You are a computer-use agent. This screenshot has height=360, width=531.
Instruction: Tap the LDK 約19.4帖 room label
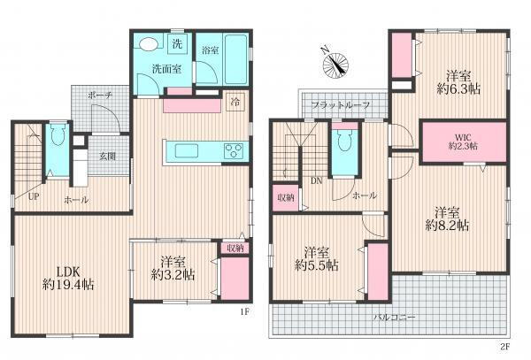point(68,278)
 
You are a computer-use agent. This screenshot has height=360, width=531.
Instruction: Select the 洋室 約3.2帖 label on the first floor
point(173,269)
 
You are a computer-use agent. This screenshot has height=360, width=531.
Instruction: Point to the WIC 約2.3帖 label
point(463,142)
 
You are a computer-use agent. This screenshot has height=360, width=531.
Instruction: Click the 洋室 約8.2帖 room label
point(447,219)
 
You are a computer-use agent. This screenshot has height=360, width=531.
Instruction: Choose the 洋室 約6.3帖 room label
point(458,82)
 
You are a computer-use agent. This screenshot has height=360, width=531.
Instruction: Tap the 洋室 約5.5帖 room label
point(316,259)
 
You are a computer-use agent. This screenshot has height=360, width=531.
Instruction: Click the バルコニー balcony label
point(395,318)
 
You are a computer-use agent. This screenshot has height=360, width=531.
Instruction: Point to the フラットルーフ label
point(341,105)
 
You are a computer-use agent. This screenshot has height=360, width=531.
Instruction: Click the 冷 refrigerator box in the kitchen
point(235,102)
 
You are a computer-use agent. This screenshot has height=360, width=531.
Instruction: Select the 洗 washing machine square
point(177,44)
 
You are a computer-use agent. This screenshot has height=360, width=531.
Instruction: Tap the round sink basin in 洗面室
point(149,44)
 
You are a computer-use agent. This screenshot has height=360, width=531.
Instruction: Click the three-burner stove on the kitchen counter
point(234,151)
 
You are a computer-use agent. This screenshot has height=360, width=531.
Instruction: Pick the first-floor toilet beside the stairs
point(58,135)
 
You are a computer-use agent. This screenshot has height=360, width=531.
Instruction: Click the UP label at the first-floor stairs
point(34,197)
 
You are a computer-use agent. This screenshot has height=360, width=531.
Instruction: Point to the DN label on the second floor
point(317,181)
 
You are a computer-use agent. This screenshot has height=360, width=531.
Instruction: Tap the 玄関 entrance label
point(108,157)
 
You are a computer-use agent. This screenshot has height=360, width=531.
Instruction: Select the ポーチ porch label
point(100,96)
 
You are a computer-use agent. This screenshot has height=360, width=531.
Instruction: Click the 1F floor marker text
point(245,311)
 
